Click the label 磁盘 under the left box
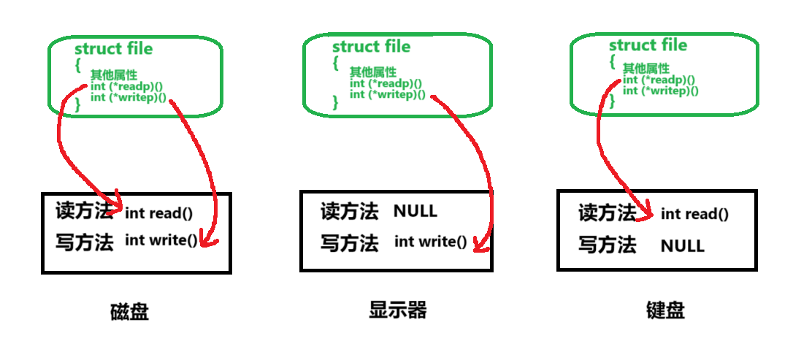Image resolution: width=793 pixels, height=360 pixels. click(x=129, y=312)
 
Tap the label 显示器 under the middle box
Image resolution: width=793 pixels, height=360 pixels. click(x=397, y=310)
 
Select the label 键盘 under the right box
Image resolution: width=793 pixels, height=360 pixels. click(x=664, y=310)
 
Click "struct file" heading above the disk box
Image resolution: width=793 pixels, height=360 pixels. click(x=113, y=49)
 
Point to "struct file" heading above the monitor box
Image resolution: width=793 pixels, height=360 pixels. click(x=371, y=47)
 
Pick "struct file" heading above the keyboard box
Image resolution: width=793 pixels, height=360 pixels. click(x=648, y=45)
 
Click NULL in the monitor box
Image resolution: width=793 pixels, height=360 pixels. click(x=415, y=212)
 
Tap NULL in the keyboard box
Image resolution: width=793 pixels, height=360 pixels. click(x=682, y=246)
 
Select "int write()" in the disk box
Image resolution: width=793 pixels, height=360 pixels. click(x=161, y=240)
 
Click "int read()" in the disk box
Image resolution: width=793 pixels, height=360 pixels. click(x=158, y=213)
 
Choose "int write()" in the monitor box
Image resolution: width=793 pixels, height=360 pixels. click(x=430, y=242)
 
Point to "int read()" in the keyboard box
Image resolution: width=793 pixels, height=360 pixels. click(x=694, y=214)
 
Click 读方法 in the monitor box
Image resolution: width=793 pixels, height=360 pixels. click(x=349, y=212)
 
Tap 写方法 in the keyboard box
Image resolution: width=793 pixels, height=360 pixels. click(x=608, y=245)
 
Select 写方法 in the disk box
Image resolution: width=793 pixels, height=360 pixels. click(x=84, y=242)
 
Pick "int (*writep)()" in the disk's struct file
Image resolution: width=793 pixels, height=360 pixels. click(x=128, y=98)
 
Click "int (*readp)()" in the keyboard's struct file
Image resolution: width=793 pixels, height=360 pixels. click(x=658, y=80)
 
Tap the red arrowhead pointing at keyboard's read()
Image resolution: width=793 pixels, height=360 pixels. click(x=646, y=214)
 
